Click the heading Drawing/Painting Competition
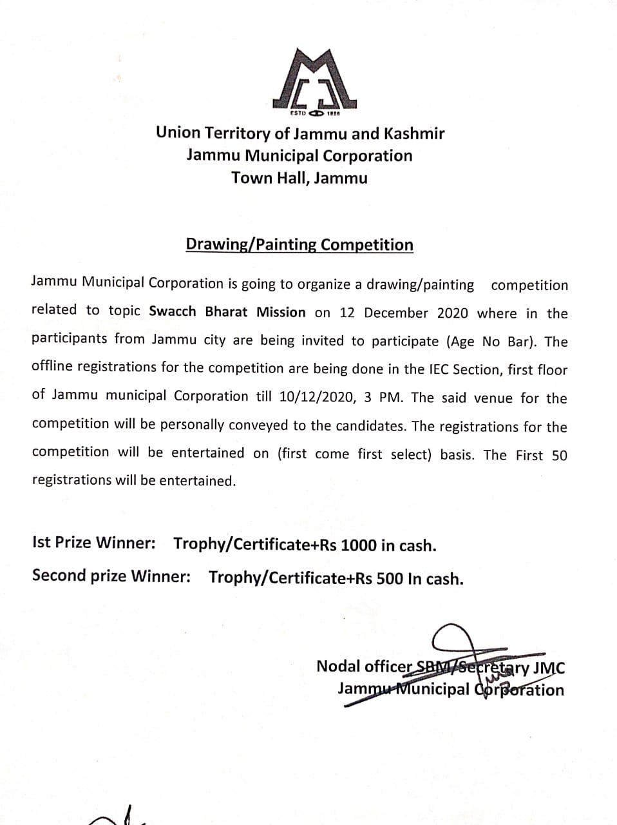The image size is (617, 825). pos(299,245)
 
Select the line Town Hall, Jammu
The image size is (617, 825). pos(299,178)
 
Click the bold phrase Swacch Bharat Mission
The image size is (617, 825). pos(227,312)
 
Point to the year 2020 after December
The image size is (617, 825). pos(453,313)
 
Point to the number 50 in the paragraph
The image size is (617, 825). pos(559,455)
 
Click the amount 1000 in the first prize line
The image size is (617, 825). pos(358,545)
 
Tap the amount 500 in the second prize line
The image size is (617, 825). pos(389,578)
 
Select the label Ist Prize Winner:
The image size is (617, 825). pos(94,543)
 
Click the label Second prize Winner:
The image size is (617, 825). pos(111,575)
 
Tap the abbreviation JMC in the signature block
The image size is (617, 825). pos(549,668)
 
